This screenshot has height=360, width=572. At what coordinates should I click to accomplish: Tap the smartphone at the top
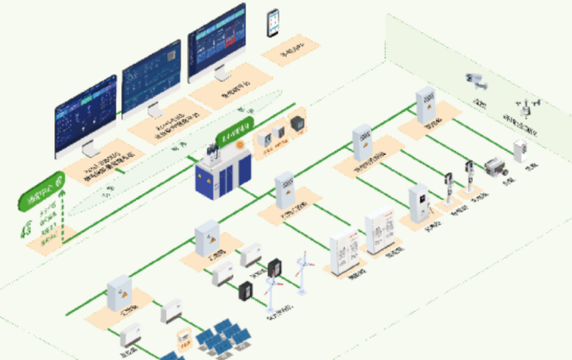274,22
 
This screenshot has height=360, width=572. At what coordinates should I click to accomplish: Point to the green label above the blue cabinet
236,134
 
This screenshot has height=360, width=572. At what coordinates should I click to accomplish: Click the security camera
474,79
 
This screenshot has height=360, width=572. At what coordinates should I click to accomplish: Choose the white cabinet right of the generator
521,151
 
